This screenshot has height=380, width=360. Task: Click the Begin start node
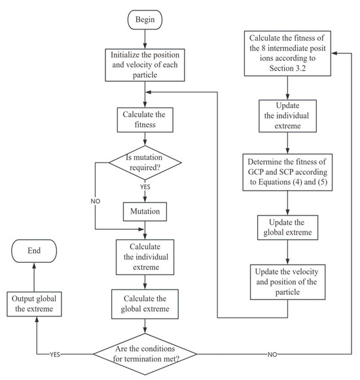tap(145, 19)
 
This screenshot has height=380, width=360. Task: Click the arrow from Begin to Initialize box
tap(145, 40)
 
